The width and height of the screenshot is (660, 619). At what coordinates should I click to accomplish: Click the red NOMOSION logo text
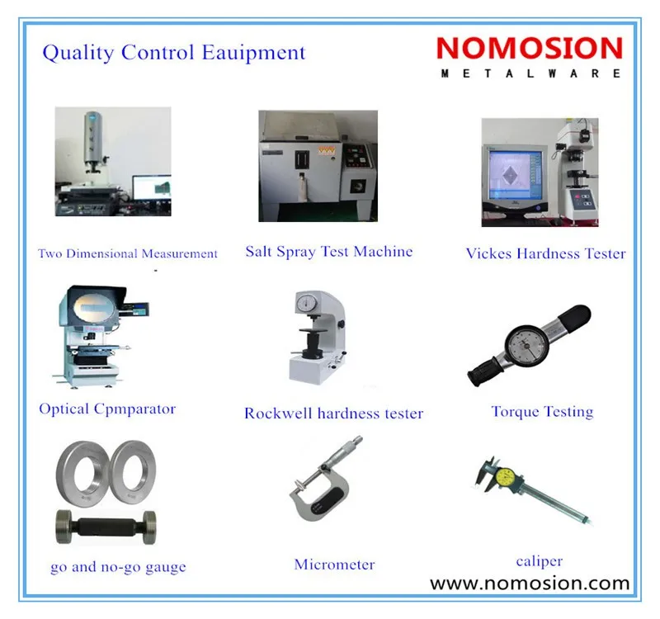530,48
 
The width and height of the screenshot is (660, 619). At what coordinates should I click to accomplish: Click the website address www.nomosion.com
530,584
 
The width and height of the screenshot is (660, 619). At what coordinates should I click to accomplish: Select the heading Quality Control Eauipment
174,53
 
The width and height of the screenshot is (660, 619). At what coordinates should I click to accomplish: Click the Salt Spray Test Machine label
329,252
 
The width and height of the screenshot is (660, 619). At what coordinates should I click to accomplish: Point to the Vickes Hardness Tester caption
546,253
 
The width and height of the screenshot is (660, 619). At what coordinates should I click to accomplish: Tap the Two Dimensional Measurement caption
128,253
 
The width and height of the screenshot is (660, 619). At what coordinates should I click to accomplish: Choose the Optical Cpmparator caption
107,409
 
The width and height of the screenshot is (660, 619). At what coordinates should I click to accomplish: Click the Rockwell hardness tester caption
334,413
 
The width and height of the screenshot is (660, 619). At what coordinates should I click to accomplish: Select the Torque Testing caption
543,411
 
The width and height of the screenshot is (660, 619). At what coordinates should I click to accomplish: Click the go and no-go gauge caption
118,567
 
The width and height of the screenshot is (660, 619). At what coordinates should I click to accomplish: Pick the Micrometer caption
335,565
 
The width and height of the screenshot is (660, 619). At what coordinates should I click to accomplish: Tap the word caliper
540,561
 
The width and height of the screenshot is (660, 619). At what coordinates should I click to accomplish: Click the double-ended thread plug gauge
106,527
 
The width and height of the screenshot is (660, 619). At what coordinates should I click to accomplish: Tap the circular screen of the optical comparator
94,308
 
